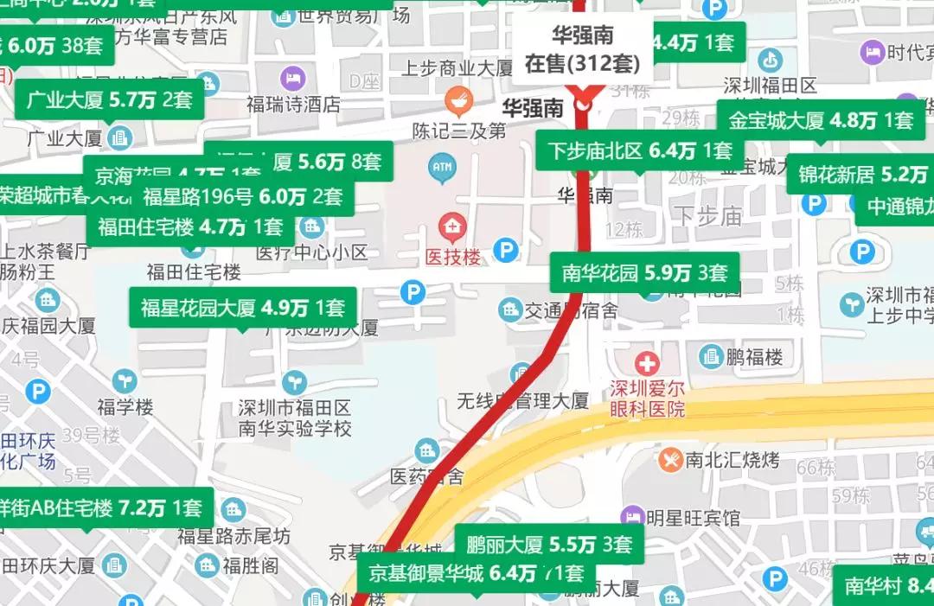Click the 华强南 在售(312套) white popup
(582, 50)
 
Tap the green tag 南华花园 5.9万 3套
(644, 273)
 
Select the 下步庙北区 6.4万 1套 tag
(639, 151)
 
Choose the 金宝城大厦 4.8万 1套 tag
(821, 120)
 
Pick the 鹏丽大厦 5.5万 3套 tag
(549, 545)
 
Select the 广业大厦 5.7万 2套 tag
(109, 99)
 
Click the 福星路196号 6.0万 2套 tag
(243, 196)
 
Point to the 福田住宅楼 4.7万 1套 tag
(190, 227)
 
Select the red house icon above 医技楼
(451, 228)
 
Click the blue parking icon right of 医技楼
(506, 251)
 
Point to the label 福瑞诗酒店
(293, 105)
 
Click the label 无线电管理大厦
(523, 400)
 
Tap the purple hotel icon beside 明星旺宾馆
(633, 517)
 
